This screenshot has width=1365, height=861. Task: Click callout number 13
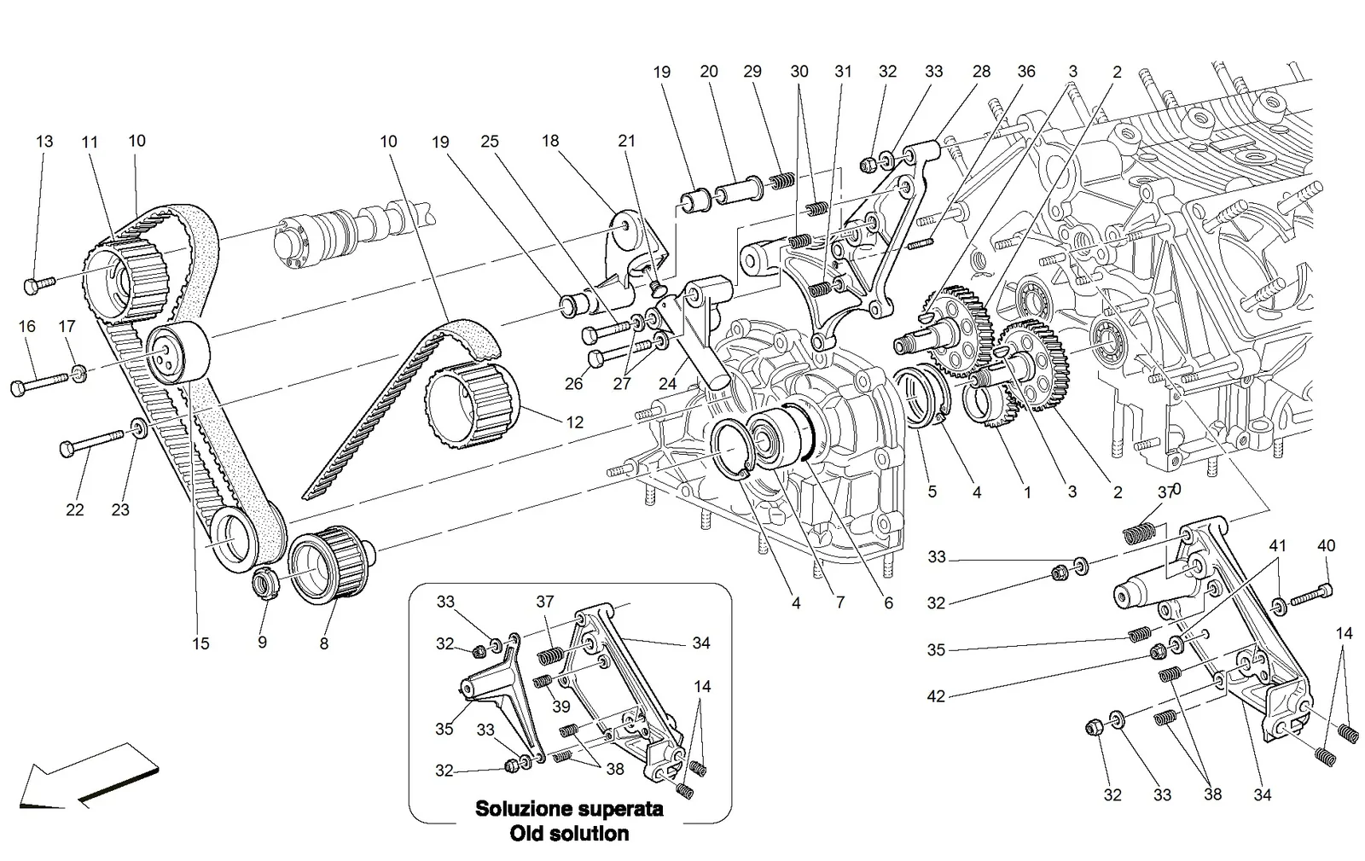pos(44,142)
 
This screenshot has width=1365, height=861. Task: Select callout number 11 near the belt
pos(90,142)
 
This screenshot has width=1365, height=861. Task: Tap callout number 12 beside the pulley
pos(575,422)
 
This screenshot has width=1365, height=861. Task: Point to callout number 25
pos(490,142)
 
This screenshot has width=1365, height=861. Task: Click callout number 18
pos(550,141)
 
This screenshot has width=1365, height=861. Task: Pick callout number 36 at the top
pos(1026,72)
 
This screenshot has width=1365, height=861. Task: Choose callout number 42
pos(936,695)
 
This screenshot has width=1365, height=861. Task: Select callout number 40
pos(1327,545)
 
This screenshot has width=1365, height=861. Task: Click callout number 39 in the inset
pos(561,707)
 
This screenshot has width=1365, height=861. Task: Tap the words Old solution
pos(569,834)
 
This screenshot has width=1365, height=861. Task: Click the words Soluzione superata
pos(569,809)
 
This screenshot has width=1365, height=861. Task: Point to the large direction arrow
pos(89,777)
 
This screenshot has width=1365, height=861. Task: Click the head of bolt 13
pos(32,286)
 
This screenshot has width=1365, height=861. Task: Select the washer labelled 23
pos(139,428)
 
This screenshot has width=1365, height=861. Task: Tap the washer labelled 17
pos(79,373)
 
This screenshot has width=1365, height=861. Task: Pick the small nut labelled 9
pos(265,582)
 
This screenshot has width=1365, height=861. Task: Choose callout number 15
pos(200,643)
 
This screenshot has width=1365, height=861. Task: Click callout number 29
pos(752,72)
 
